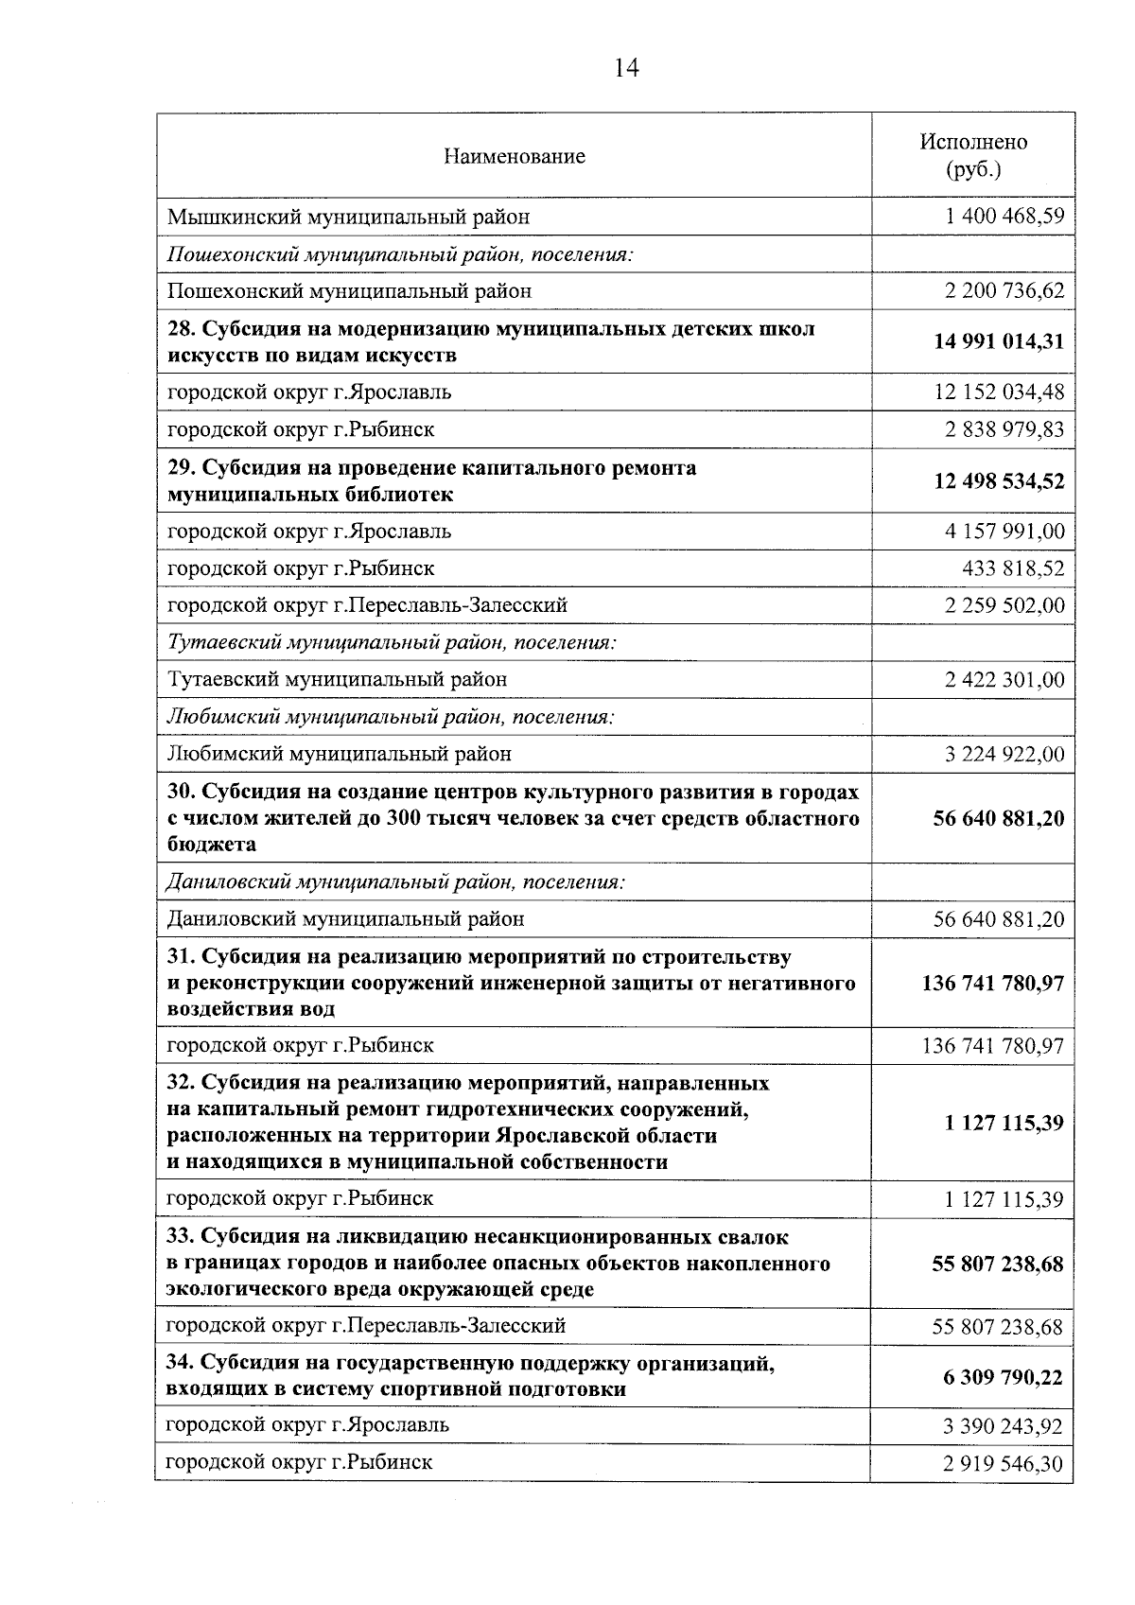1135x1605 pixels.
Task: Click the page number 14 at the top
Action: pos(626,68)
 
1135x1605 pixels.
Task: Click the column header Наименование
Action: pos(515,156)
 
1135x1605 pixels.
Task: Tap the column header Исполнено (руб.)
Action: pos(973,155)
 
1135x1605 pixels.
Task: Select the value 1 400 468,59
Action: pos(1004,217)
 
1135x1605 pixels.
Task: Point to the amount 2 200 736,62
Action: pos(1004,290)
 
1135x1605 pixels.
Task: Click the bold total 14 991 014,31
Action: pos(999,341)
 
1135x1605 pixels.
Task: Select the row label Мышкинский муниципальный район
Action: pos(348,217)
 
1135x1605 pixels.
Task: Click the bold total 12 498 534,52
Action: pos(999,481)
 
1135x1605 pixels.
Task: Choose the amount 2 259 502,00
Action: pos(1004,605)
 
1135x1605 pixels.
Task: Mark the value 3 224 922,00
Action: pos(1004,754)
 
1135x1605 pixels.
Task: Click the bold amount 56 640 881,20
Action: pos(999,818)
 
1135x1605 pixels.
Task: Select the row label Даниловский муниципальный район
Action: pos(346,918)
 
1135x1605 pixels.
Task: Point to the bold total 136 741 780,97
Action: pos(993,984)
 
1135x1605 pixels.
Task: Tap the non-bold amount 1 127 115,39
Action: pos(1004,1200)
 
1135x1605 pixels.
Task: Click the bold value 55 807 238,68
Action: pos(998,1264)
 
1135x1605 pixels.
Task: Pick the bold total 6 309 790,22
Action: pos(1003,1377)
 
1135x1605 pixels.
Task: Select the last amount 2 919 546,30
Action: pos(1003,1465)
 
